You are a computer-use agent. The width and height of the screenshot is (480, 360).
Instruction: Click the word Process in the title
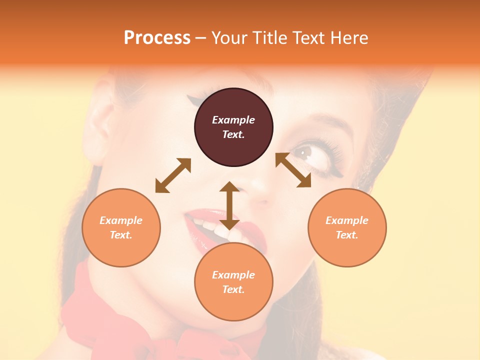tap(157, 37)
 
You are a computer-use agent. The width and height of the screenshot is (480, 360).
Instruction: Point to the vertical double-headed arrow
tap(229, 205)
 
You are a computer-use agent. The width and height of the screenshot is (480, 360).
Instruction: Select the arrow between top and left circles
tap(173, 175)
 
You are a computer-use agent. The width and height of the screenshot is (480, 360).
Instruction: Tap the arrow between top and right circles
tap(293, 170)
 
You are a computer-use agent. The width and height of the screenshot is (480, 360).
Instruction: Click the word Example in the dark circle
tap(233, 120)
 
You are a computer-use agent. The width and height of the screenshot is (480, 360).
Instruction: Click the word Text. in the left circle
tap(121, 235)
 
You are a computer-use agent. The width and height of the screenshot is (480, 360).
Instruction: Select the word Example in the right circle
tap(347, 220)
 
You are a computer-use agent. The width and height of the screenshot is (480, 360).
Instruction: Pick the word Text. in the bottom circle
tap(233, 289)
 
